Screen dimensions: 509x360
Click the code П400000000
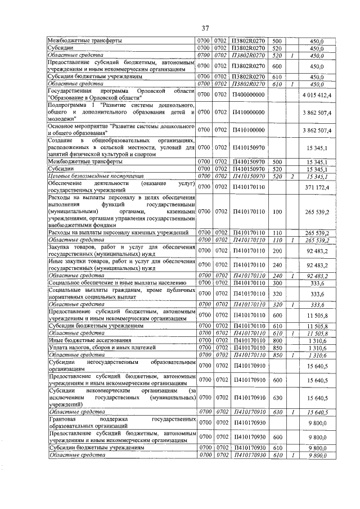(x=248, y=95)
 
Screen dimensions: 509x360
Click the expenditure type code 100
(x=277, y=211)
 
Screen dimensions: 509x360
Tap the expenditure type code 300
(x=277, y=283)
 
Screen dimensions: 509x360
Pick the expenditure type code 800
(x=277, y=340)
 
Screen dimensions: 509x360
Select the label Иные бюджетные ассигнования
(x=84, y=340)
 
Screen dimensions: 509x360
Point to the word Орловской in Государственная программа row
(x=147, y=91)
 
